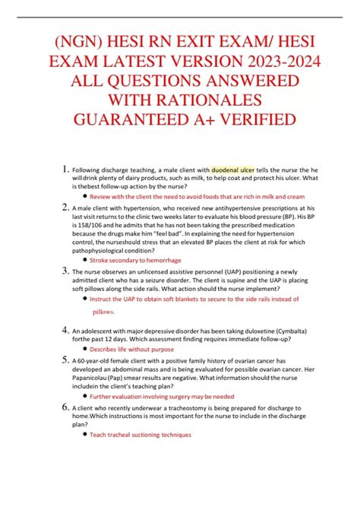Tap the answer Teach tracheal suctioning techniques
click(141, 435)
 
